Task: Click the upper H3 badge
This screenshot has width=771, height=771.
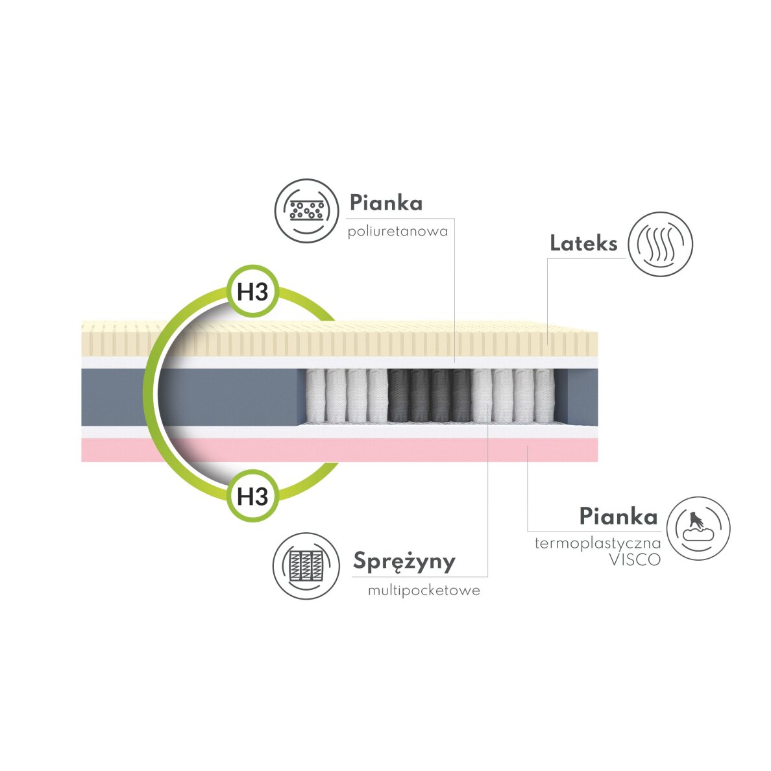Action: [x=252, y=292]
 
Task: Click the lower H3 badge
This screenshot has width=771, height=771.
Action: [x=252, y=496]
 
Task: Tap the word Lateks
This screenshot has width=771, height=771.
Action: [x=583, y=244]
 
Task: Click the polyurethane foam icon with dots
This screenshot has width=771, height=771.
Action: [x=306, y=211]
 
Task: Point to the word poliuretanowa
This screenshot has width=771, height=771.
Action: [x=397, y=232]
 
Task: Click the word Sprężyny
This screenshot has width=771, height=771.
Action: [x=404, y=561]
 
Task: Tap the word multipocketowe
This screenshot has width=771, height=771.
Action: [x=424, y=591]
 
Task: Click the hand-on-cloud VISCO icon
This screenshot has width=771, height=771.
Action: [x=698, y=528]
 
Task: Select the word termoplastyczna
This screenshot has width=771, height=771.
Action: [x=597, y=543]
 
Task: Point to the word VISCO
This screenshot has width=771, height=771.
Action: [x=634, y=560]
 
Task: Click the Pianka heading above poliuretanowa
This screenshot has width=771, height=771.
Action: [x=385, y=203]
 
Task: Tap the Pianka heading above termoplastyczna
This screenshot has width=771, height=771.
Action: [x=618, y=517]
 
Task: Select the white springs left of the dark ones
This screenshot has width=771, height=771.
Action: [x=346, y=395]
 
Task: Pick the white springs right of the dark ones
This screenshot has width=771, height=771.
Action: [x=514, y=395]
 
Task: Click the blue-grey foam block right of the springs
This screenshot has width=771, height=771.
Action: [x=581, y=395]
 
